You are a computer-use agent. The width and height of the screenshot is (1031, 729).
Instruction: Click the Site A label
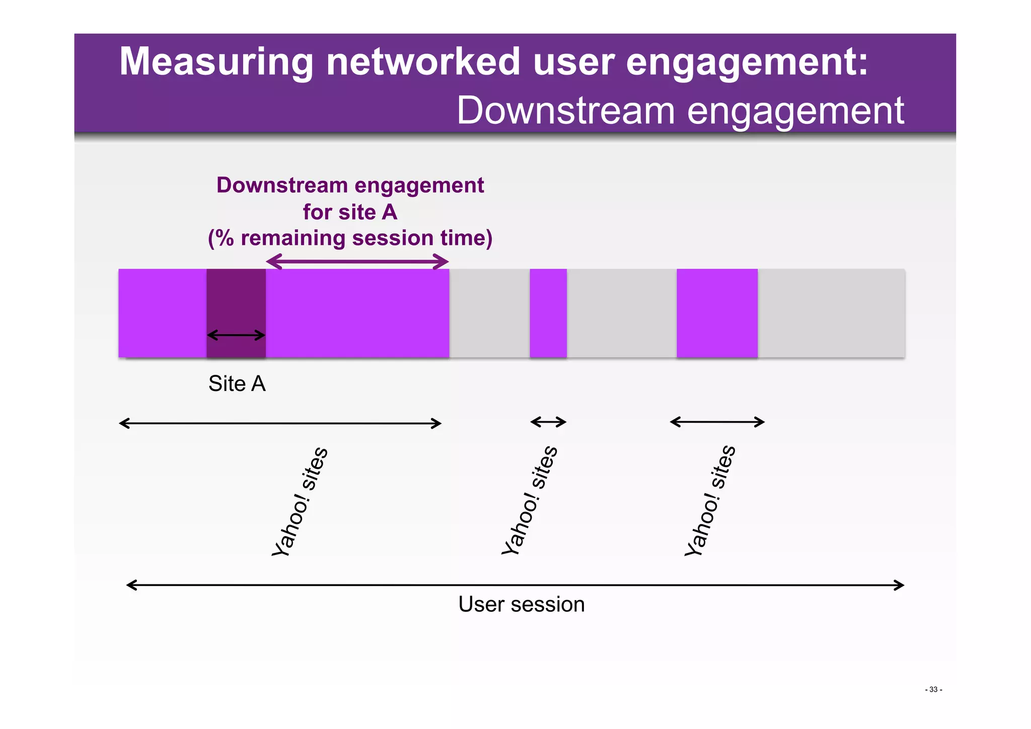237,384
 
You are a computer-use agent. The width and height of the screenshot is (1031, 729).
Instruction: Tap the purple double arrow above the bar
357,261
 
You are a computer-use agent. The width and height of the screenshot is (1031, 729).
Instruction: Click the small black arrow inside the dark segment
236,335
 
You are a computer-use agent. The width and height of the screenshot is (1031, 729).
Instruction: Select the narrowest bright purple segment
548,313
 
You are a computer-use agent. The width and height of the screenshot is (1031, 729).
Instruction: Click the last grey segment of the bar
831,313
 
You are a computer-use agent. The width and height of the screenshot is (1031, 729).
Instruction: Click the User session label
521,604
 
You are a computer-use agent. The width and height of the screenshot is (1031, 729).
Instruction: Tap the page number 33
933,689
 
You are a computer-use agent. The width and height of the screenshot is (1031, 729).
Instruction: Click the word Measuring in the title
216,61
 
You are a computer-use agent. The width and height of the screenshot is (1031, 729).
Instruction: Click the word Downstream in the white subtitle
565,110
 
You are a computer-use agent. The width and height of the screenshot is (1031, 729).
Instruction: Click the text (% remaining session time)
350,238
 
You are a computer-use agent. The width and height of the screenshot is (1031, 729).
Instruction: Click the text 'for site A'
350,212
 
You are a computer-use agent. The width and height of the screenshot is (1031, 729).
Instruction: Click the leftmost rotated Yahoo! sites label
300,501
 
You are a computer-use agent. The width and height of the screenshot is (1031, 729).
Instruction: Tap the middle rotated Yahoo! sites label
530,500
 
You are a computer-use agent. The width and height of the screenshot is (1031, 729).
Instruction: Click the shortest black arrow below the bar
548,422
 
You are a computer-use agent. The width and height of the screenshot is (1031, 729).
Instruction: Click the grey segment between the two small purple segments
621,313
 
